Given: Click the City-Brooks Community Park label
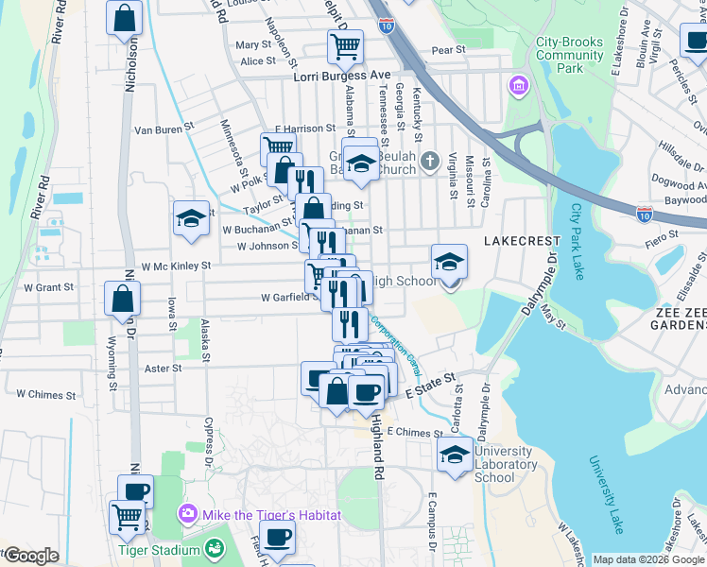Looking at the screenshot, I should click(x=569, y=55).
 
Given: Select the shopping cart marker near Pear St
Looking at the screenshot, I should click(x=345, y=45).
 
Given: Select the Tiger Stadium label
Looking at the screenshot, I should click(x=159, y=550).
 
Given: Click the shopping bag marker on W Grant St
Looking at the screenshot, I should click(x=123, y=300).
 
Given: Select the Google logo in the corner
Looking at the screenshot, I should click(x=30, y=557).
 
